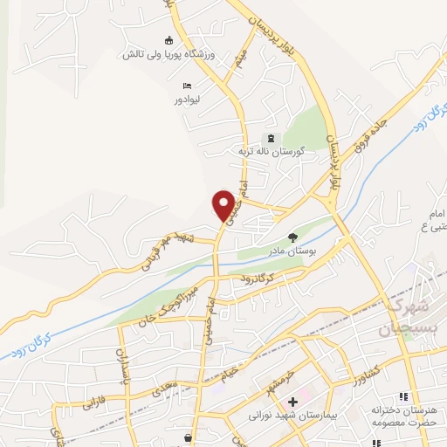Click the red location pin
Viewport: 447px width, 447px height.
[x=224, y=204]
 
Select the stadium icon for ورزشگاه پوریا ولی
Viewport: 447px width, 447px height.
[x=169, y=40]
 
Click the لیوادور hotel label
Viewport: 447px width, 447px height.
[x=187, y=100]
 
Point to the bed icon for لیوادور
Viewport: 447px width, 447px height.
[x=187, y=86]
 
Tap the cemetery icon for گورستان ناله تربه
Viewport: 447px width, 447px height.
[x=269, y=138]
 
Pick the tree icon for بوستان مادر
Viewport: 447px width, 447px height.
[x=292, y=236]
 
